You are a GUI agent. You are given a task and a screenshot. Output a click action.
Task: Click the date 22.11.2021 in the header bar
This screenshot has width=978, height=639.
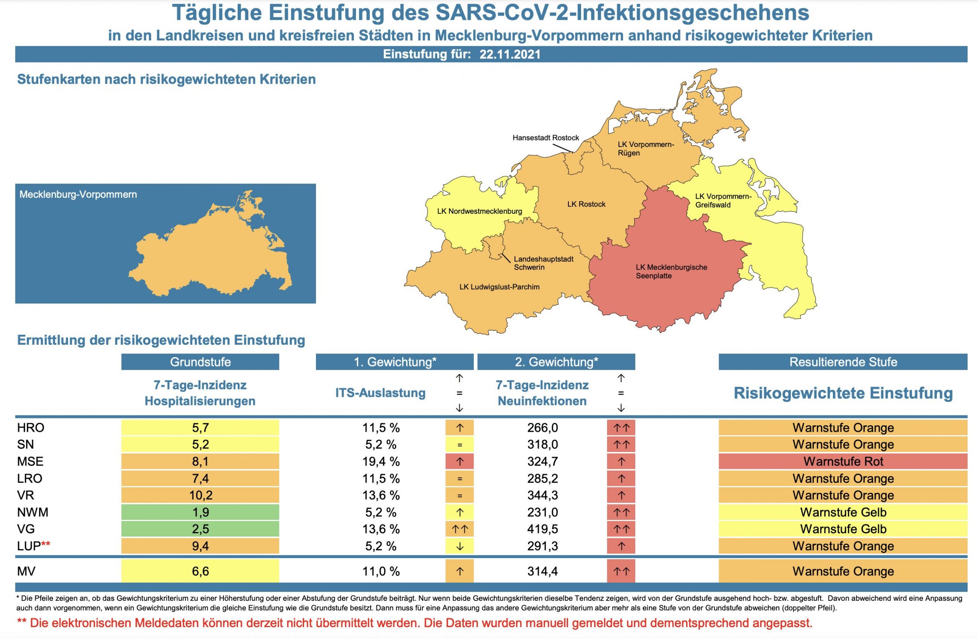point(510,55)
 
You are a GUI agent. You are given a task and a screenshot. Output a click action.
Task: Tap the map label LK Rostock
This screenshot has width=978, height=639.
point(586,204)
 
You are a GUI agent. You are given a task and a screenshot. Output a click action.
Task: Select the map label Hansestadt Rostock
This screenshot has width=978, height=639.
point(545,138)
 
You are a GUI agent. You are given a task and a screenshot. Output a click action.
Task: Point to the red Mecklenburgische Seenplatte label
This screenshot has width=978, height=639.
point(671,271)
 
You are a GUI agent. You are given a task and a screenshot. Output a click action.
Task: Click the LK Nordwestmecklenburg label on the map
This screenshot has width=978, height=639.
point(479,211)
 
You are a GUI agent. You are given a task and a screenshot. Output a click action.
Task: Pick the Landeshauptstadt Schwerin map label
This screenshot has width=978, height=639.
point(543,263)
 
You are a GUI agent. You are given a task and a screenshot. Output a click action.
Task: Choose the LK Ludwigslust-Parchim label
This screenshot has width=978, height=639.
point(499,287)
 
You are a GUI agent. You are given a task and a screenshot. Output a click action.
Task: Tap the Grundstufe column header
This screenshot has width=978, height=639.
point(200,362)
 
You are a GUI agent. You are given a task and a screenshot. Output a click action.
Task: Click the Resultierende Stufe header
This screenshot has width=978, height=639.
point(843,362)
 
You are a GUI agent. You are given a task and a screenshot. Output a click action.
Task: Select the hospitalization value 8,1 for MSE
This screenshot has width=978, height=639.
point(200,461)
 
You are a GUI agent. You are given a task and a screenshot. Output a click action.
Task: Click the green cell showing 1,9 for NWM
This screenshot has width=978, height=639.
point(200,513)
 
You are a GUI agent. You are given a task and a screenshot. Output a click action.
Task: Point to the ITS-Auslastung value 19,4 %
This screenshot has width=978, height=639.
point(381,461)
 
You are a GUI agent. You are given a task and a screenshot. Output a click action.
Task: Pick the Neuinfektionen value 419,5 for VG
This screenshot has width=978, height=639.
point(542,529)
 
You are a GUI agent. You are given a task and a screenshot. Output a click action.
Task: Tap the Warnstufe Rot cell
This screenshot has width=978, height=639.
point(843,461)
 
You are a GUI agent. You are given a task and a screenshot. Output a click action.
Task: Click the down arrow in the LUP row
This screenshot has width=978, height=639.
point(460,547)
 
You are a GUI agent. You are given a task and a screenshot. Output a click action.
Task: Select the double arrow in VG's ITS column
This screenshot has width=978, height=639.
point(460,529)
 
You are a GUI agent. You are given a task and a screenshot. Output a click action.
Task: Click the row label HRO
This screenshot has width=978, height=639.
point(31,428)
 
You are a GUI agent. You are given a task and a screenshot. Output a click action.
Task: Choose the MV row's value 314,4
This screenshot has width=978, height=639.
point(542,571)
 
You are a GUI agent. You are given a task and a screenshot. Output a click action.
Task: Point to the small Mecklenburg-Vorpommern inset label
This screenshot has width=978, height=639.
point(78,195)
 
